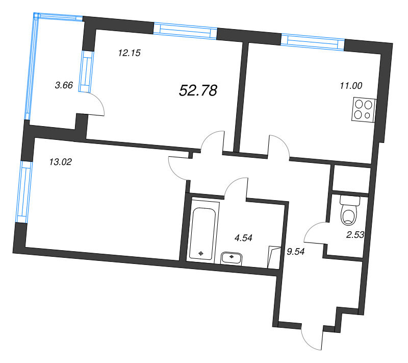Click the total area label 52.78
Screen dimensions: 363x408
[x=198, y=91]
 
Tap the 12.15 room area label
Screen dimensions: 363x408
[x=129, y=52]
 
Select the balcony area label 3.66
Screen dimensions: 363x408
[x=64, y=86]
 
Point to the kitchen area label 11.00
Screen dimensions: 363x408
[x=351, y=86]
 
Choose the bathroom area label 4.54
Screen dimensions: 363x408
[x=243, y=237]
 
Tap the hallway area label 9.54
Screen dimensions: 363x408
[x=296, y=251]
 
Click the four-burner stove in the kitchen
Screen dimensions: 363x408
[x=363, y=109]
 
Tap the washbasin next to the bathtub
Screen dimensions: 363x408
[x=234, y=258]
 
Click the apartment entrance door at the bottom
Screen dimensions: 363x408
[x=313, y=337]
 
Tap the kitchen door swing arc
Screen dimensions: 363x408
[x=279, y=146]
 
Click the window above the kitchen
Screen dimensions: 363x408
[x=313, y=42]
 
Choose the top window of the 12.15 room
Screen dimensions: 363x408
[x=186, y=30]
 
